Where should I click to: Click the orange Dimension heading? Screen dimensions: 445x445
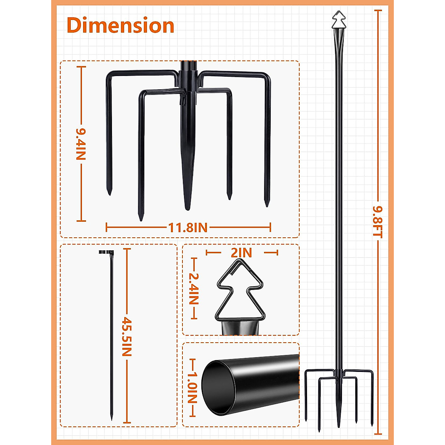coord(121,26)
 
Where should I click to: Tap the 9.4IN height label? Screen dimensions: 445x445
coord(80,144)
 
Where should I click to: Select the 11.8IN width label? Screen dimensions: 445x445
coord(188,227)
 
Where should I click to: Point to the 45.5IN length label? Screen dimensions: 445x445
coord(127,336)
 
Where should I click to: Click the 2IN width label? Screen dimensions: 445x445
coord(241,253)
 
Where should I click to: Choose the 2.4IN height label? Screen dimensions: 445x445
coord(194,289)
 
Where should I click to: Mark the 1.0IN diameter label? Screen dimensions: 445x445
coord(192,388)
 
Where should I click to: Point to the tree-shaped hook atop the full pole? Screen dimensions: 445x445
coord(339,21)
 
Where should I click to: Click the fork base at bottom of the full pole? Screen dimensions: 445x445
coord(338,397)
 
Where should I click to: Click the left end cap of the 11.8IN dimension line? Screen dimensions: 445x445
coord(107,227)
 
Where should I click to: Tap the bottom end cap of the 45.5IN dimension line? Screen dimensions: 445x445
coord(127,422)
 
